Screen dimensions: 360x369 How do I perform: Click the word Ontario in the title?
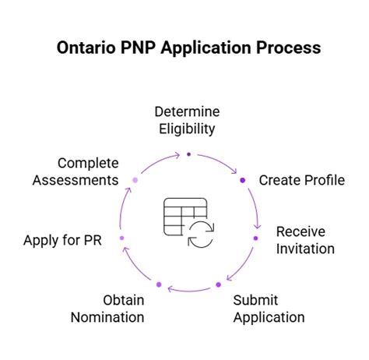pyautogui.click(x=84, y=48)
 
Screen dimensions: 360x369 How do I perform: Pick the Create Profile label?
pyautogui.click(x=302, y=181)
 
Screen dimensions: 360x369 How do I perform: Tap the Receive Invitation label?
pyautogui.click(x=305, y=241)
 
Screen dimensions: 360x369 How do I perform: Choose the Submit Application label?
pyautogui.click(x=269, y=309)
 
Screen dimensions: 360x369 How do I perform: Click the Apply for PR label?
pyautogui.click(x=62, y=239)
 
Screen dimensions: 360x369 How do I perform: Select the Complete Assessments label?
pyautogui.click(x=87, y=171)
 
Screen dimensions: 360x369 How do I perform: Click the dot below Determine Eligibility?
pyautogui.click(x=188, y=154)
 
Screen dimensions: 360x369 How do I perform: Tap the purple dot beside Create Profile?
pyautogui.click(x=243, y=180)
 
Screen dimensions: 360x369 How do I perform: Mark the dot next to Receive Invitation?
pyautogui.click(x=256, y=238)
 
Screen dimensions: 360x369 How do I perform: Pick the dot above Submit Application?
pyautogui.click(x=227, y=277)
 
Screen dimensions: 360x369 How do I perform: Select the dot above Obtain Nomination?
pyautogui.click(x=159, y=284)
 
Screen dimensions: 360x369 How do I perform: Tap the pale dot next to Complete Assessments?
pyautogui.click(x=135, y=180)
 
